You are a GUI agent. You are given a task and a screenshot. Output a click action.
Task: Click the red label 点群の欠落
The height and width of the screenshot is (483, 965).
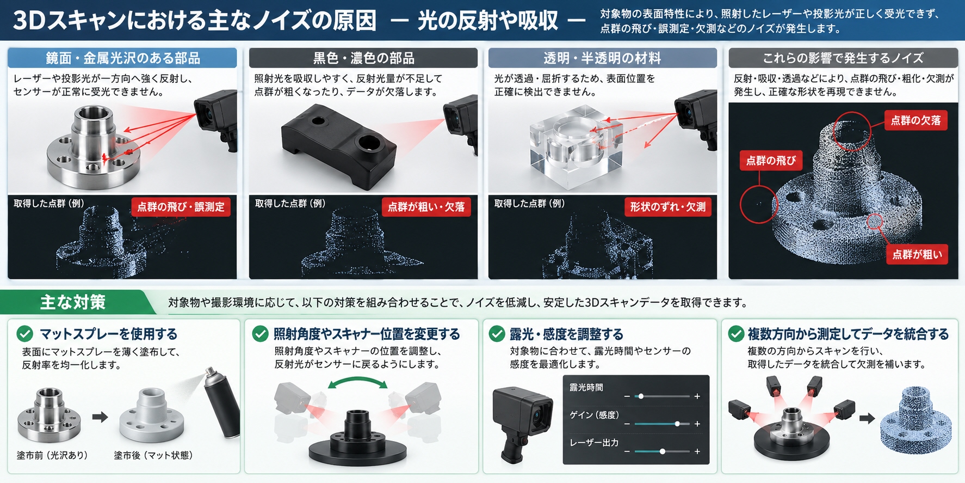[915, 120]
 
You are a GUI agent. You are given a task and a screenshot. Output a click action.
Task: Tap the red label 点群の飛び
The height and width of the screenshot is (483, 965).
[771, 161]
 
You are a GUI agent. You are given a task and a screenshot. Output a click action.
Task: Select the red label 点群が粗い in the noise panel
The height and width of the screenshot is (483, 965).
[917, 254]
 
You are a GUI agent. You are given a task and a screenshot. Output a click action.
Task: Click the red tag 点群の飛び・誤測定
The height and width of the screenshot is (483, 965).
[181, 207]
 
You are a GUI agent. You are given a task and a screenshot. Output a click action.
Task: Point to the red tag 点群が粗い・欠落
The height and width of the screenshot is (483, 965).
[426, 207]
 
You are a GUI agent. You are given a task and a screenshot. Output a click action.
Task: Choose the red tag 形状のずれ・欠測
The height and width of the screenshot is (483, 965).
[667, 207]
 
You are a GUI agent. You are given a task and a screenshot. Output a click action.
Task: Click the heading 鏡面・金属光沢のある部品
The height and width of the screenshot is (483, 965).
[122, 58]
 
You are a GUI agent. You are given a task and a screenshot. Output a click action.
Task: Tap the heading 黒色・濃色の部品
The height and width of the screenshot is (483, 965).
[363, 58]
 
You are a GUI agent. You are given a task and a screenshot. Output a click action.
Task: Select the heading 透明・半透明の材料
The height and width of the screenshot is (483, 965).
[603, 58]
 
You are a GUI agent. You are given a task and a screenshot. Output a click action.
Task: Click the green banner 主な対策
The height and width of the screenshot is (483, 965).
[76, 302]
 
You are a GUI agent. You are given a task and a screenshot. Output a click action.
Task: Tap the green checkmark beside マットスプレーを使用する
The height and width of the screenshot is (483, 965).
[25, 334]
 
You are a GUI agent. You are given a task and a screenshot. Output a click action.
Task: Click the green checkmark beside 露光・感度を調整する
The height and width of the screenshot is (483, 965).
[497, 334]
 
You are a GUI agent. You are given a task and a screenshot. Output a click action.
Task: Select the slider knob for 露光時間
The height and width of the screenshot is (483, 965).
[641, 396]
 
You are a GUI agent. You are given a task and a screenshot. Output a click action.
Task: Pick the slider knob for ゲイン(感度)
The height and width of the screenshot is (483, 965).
[677, 424]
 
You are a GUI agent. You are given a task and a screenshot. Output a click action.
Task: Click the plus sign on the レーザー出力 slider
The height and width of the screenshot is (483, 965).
[697, 451]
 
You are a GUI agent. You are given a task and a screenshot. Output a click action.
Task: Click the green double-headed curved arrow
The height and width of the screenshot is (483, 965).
[357, 382]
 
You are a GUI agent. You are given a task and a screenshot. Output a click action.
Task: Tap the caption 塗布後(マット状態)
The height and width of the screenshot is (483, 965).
[153, 455]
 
